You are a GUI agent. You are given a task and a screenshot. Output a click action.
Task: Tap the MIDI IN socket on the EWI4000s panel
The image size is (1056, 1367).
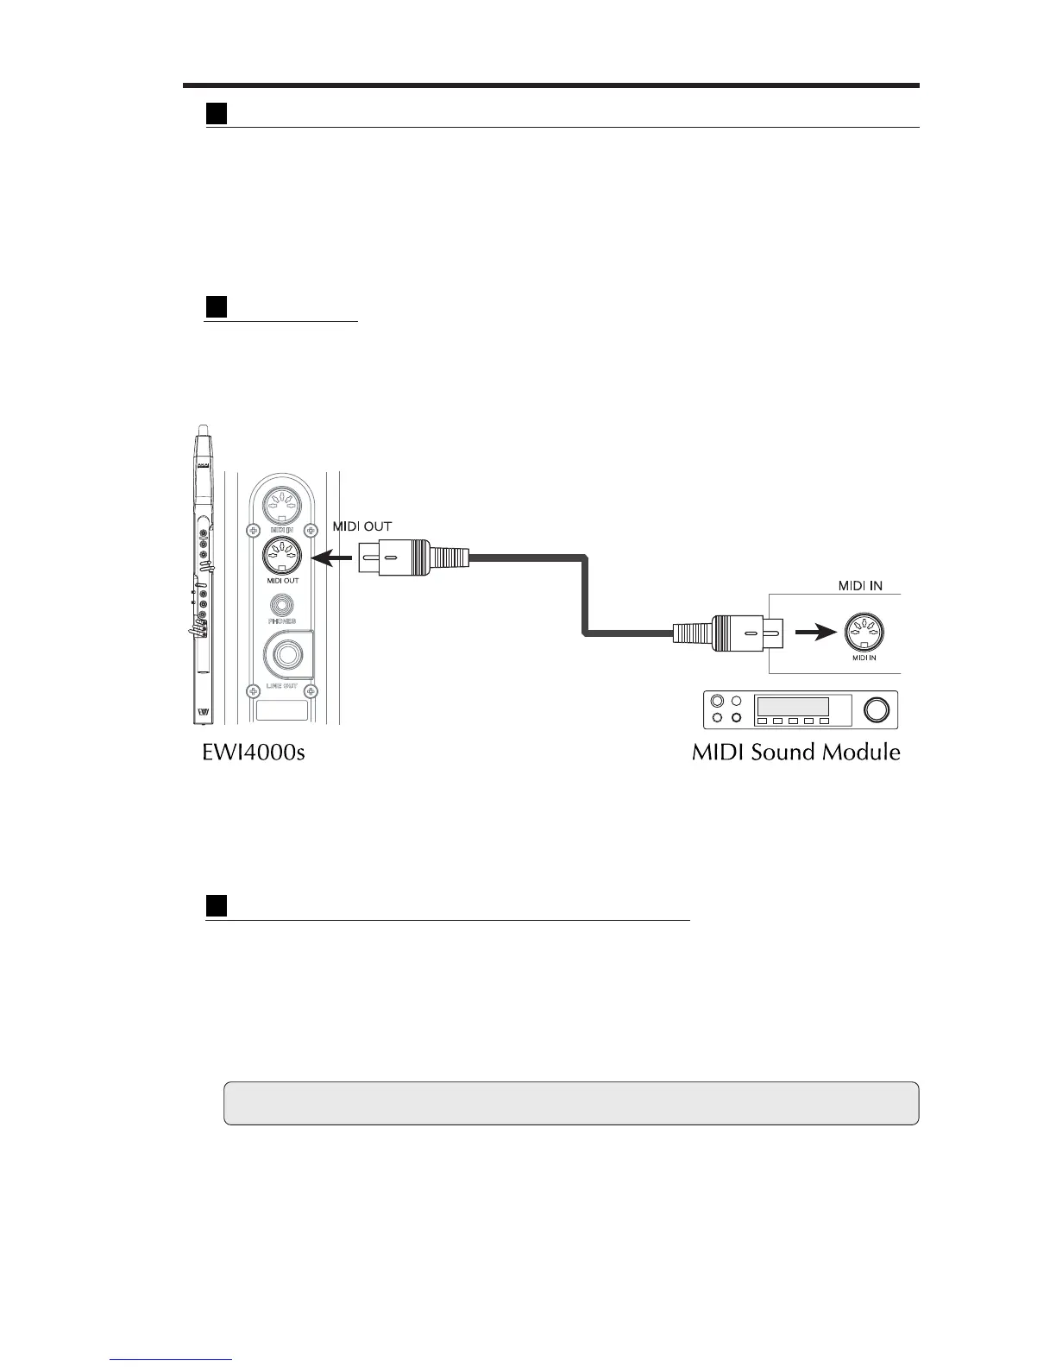coord(280,502)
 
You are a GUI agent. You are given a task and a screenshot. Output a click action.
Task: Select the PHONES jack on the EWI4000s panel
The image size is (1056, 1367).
coord(281,607)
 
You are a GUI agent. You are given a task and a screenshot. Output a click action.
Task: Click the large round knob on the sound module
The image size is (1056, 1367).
coord(875,710)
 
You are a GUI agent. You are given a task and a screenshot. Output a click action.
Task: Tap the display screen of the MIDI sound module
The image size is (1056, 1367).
coord(792,706)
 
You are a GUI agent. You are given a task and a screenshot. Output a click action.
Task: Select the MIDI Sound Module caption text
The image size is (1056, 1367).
coord(795,753)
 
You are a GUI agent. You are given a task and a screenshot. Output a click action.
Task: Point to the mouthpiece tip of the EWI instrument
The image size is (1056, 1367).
coord(204,431)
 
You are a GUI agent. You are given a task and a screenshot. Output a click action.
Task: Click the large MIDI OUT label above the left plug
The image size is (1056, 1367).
coord(362,526)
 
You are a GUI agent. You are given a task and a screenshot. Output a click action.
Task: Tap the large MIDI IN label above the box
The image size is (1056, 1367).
coord(860,586)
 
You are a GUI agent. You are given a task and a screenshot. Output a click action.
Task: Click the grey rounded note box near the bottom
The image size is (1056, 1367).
coord(571,1103)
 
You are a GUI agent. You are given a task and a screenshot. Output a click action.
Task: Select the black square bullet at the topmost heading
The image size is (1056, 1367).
coord(216,114)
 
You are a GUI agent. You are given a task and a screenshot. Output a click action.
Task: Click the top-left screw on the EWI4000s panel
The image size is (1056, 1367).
coord(253,530)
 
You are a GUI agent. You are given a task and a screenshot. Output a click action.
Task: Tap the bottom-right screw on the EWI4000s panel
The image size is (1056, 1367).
coord(312,690)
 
